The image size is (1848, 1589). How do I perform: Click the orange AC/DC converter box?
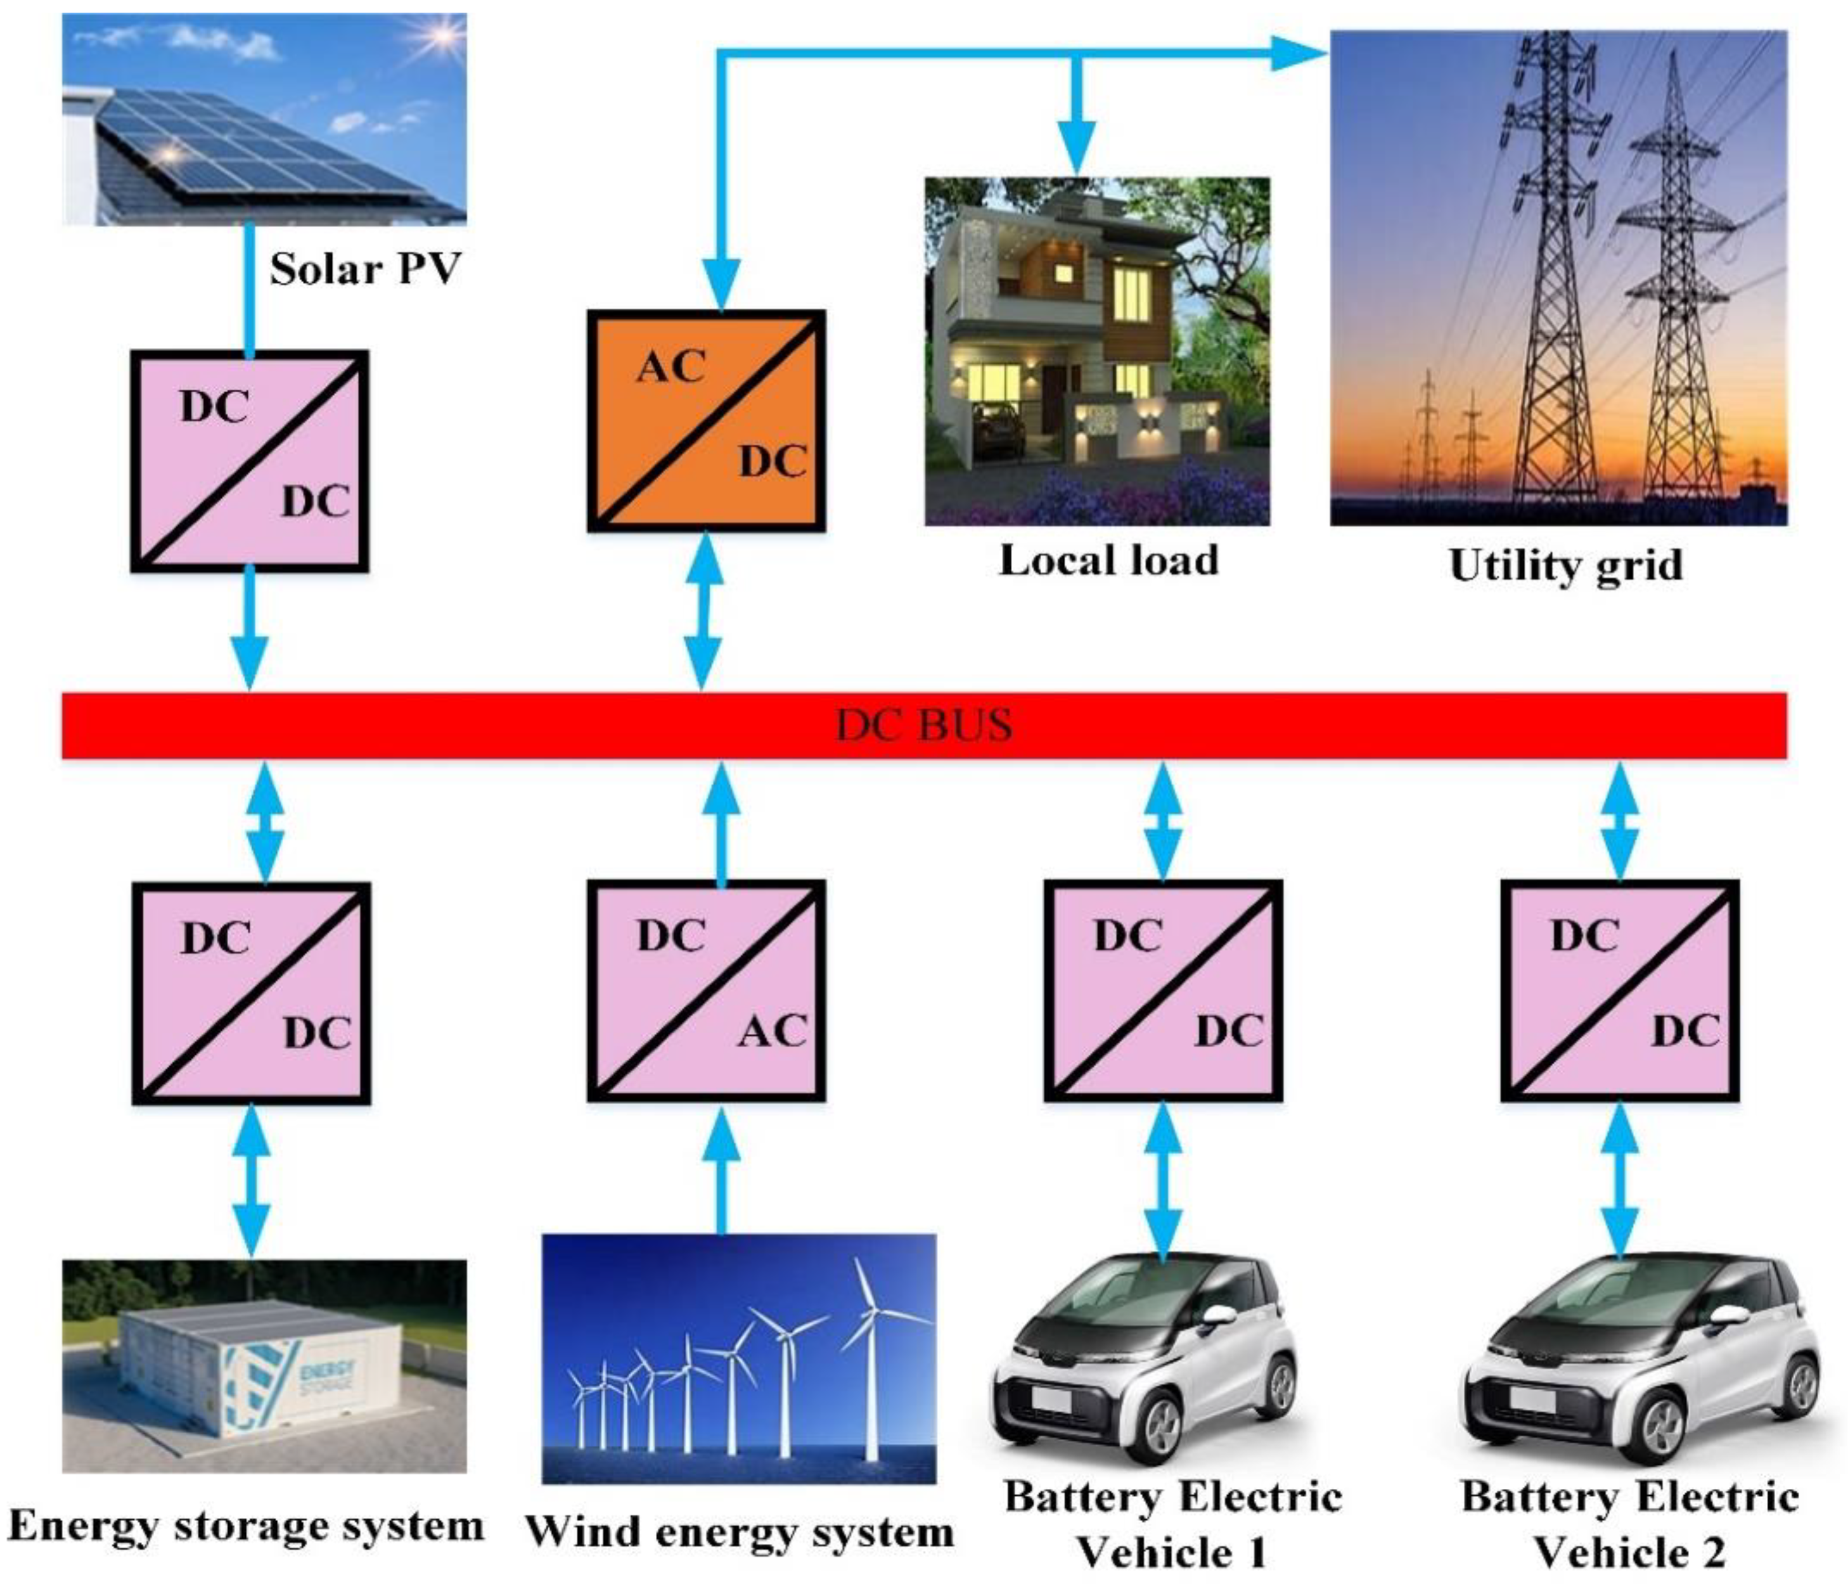point(705,420)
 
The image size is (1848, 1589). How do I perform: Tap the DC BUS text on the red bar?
point(924,724)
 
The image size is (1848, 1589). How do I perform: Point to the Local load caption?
point(1108,560)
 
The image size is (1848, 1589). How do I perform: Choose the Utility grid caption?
point(1565,565)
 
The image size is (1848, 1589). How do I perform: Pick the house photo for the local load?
point(1097,351)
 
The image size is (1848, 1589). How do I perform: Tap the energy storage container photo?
point(264,1365)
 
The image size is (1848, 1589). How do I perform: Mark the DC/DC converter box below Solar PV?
point(250,460)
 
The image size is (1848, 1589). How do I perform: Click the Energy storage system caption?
point(245,1526)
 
